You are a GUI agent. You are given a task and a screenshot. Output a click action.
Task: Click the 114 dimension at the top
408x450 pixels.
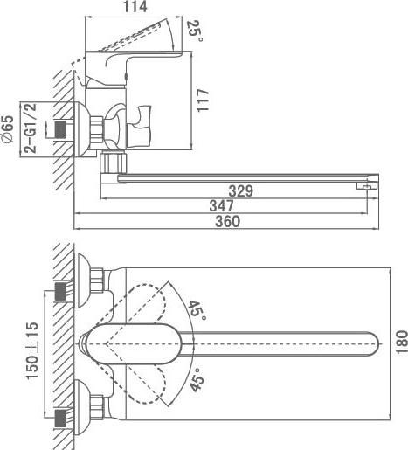(x=135, y=7)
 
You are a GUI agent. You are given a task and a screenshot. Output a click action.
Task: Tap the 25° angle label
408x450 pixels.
(x=195, y=31)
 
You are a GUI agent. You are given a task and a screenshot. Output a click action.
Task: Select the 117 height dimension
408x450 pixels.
(x=203, y=100)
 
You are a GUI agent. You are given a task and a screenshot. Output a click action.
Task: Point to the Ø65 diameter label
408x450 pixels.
(x=8, y=128)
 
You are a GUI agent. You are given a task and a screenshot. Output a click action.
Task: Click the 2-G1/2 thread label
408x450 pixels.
(x=30, y=128)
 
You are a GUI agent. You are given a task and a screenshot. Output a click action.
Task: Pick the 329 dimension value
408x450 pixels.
(x=241, y=191)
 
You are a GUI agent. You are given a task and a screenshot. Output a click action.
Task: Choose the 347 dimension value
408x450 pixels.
(x=222, y=206)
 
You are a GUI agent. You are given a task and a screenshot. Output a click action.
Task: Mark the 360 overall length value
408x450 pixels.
(x=228, y=221)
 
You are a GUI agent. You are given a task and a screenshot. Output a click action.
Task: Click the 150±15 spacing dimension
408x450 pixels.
(x=32, y=350)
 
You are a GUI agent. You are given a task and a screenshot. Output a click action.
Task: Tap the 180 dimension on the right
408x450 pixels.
(x=402, y=343)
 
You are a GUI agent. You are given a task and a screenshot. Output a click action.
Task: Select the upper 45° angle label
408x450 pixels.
(x=197, y=310)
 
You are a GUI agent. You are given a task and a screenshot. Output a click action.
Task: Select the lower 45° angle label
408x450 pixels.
(x=197, y=379)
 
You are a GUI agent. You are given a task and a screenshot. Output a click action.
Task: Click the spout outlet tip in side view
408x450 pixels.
(x=368, y=185)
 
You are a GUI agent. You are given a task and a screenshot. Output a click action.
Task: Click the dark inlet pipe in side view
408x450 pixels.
(x=60, y=129)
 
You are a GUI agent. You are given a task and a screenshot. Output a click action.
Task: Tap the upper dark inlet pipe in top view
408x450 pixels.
(x=60, y=292)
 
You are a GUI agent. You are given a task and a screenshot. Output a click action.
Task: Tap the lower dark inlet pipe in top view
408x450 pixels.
(x=60, y=419)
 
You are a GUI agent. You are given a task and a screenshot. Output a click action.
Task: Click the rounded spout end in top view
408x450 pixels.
(x=373, y=343)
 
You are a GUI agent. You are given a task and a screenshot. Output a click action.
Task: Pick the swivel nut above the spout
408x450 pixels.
(x=114, y=163)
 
